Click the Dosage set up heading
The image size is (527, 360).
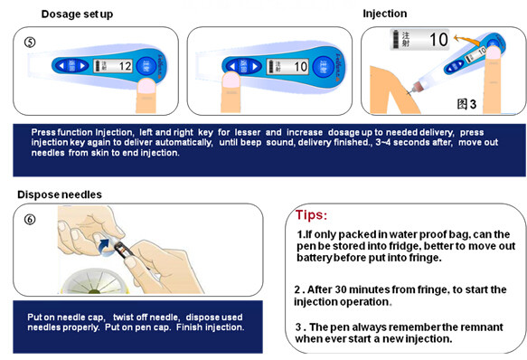coord(77,14)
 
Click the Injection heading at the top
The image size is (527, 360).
coord(385,14)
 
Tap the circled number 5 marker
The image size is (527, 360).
coord(31,41)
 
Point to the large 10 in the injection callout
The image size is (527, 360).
coord(438,40)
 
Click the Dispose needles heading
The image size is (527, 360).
coord(60,194)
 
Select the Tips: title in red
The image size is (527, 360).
coord(314,216)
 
